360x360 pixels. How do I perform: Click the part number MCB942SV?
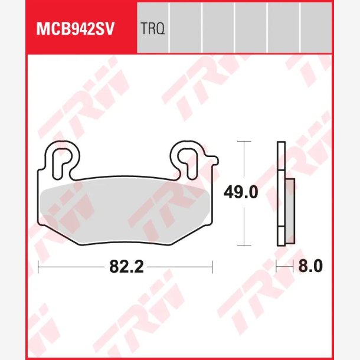point(75,29)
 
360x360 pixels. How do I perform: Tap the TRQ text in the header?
point(152,29)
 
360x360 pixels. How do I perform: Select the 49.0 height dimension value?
point(241,192)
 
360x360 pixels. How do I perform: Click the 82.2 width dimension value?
point(126,267)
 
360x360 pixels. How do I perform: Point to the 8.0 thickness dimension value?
point(310,266)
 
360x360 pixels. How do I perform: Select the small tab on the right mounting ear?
point(214,161)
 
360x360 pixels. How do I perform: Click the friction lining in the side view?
point(290,211)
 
